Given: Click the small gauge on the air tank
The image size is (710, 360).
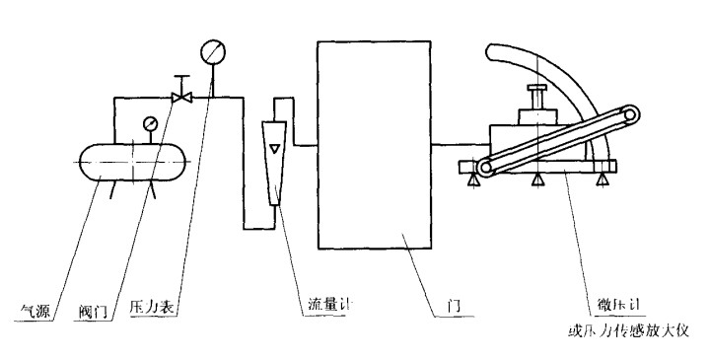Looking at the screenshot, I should [x=149, y=124].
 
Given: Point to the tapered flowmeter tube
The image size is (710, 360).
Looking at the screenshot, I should [x=274, y=158].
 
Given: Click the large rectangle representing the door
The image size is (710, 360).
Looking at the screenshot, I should [x=373, y=146].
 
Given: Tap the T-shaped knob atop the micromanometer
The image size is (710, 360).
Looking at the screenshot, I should [x=538, y=95].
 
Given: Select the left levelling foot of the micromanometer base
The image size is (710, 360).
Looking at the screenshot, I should [x=474, y=180].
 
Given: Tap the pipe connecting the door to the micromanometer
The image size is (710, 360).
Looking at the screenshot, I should [x=459, y=145].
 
